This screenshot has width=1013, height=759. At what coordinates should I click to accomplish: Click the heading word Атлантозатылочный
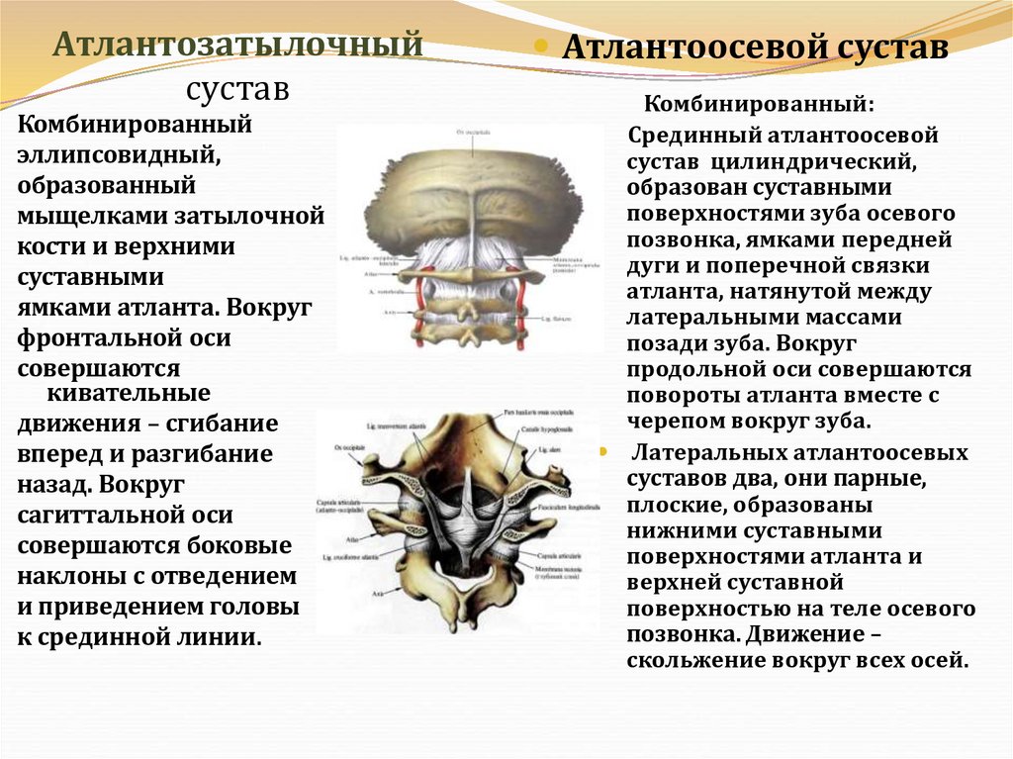pyautogui.click(x=237, y=45)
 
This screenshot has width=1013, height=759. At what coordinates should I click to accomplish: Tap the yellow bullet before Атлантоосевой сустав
pyautogui.click(x=541, y=47)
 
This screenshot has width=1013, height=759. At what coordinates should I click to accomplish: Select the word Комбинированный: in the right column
pyautogui.click(x=760, y=104)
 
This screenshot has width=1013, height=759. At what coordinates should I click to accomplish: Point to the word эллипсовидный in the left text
pyautogui.click(x=117, y=155)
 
